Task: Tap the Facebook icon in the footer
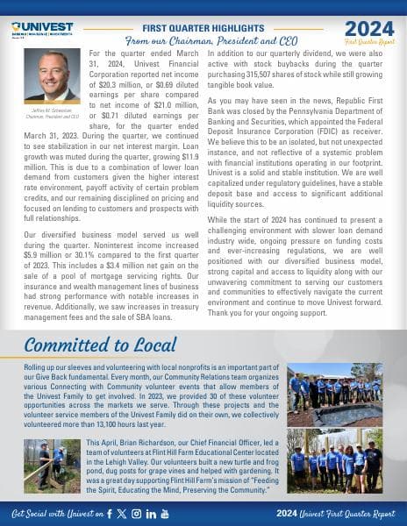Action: (109, 512)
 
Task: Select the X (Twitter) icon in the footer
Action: (122, 512)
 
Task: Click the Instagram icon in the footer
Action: (136, 512)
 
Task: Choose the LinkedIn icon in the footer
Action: (150, 512)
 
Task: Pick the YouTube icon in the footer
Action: (165, 512)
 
